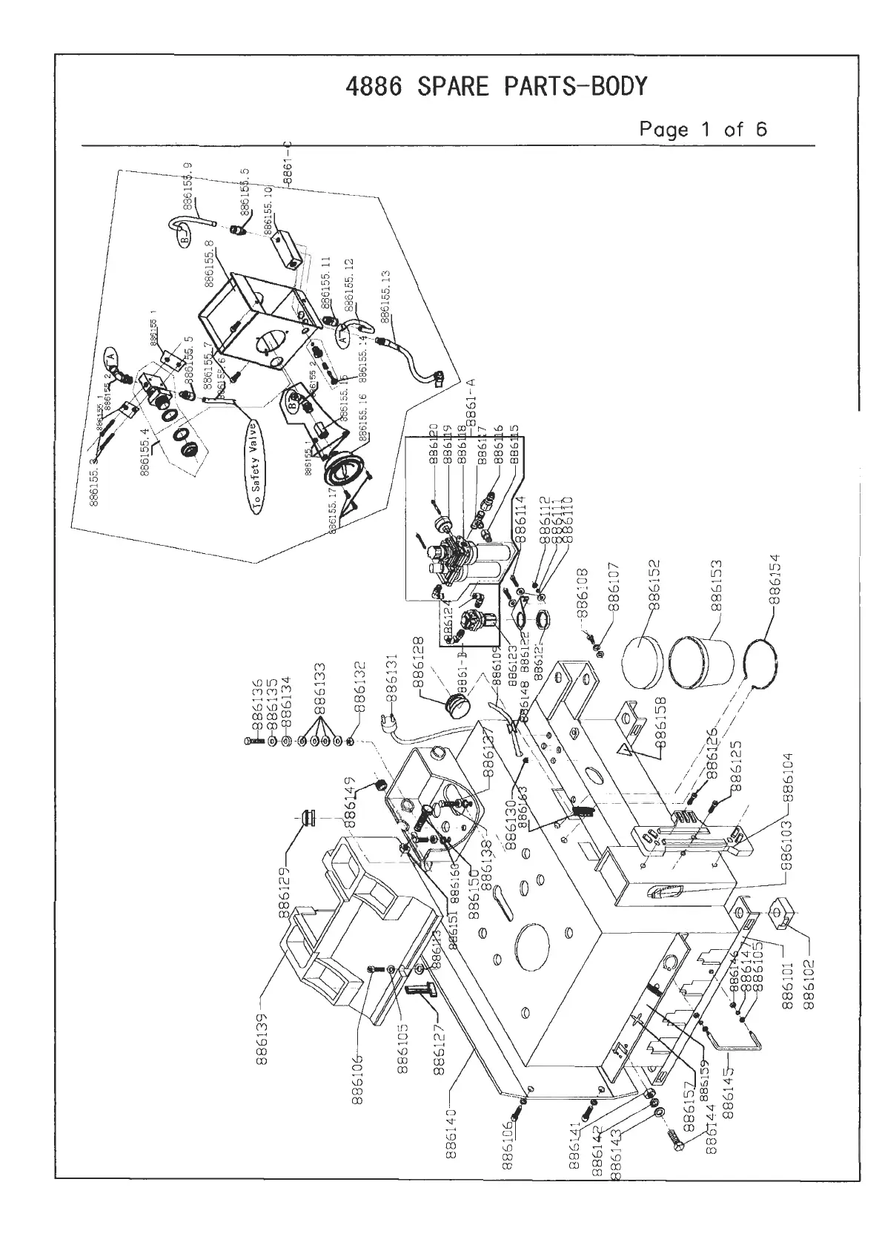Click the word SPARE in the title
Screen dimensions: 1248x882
(x=455, y=88)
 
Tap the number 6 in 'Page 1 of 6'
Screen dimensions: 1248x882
(x=760, y=130)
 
